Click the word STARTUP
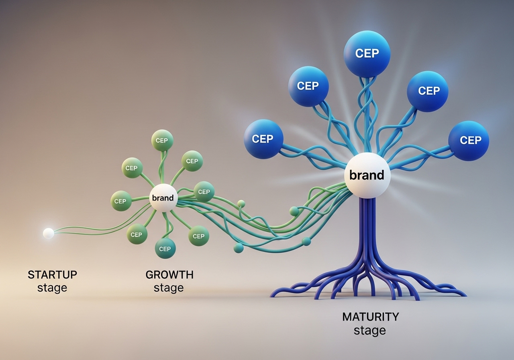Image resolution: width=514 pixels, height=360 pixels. (52, 275)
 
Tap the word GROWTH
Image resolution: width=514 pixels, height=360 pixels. (169, 275)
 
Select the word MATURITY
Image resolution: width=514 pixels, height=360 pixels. (370, 317)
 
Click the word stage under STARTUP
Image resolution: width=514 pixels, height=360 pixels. (52, 288)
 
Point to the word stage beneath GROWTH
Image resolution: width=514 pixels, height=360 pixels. (169, 288)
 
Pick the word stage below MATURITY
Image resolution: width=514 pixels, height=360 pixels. (370, 331)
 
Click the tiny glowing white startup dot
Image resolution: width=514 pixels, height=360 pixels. (48, 233)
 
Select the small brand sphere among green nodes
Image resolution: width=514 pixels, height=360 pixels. (163, 198)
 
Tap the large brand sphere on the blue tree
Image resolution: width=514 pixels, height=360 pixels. (367, 175)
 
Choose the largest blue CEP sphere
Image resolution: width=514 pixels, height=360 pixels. (367, 53)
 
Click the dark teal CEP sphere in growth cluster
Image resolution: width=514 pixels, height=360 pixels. (165, 248)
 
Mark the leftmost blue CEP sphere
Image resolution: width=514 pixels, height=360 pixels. (263, 139)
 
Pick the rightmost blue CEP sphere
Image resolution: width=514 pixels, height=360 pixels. (469, 140)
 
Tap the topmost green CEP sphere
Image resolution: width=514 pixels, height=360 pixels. (162, 141)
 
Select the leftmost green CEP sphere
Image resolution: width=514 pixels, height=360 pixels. (120, 201)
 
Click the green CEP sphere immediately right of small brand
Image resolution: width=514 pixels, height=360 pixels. (204, 192)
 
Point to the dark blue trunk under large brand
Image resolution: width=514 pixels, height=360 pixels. (367, 229)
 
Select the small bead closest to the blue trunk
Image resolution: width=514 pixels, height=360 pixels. (306, 241)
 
